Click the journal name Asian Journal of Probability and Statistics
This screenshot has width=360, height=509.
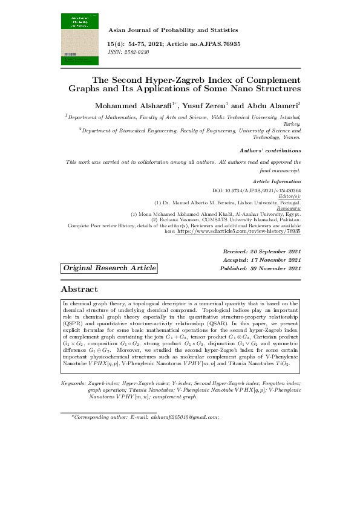coord(172,30)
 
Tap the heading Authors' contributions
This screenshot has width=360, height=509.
coord(270,150)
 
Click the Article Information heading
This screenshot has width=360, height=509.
coord(277,181)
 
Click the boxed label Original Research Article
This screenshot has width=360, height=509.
coord(110,268)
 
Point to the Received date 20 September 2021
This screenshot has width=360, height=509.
coord(261,251)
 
